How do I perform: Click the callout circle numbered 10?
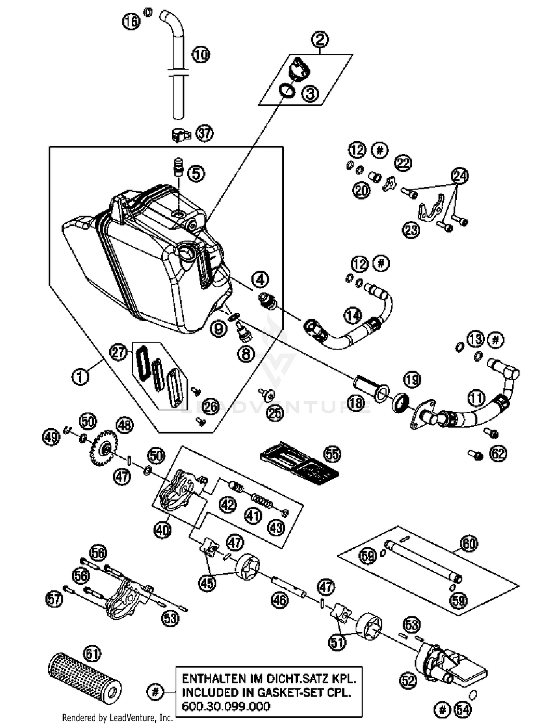(x=201, y=55)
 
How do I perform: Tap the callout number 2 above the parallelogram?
(x=319, y=39)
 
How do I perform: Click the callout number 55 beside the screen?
(x=332, y=454)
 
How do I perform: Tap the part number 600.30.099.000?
(x=226, y=706)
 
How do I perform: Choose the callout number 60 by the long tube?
(x=469, y=543)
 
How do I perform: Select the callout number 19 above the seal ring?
(x=412, y=379)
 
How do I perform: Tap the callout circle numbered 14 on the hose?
(x=353, y=315)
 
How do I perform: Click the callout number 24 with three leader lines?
(x=460, y=176)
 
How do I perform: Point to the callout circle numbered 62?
(x=498, y=454)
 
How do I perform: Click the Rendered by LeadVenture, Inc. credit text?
(x=117, y=718)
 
